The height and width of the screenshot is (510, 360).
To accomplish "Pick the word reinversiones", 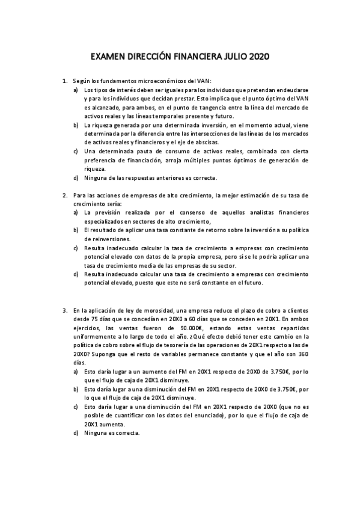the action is pyautogui.click(x=106, y=239).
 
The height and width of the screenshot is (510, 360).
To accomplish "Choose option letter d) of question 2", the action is pyautogui.click(x=76, y=274).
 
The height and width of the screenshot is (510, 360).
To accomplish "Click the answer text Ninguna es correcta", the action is pyautogui.click(x=112, y=433).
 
